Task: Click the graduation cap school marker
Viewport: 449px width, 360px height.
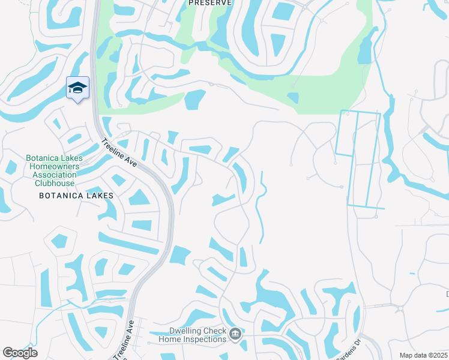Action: click(77, 88)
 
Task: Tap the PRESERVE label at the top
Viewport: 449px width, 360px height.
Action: click(210, 3)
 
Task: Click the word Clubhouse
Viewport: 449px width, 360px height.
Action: click(55, 183)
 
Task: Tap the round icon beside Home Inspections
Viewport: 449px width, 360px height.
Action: click(236, 334)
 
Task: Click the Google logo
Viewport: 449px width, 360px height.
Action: click(20, 353)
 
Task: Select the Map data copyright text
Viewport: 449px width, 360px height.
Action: click(423, 355)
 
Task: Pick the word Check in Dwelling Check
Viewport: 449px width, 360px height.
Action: click(215, 331)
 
